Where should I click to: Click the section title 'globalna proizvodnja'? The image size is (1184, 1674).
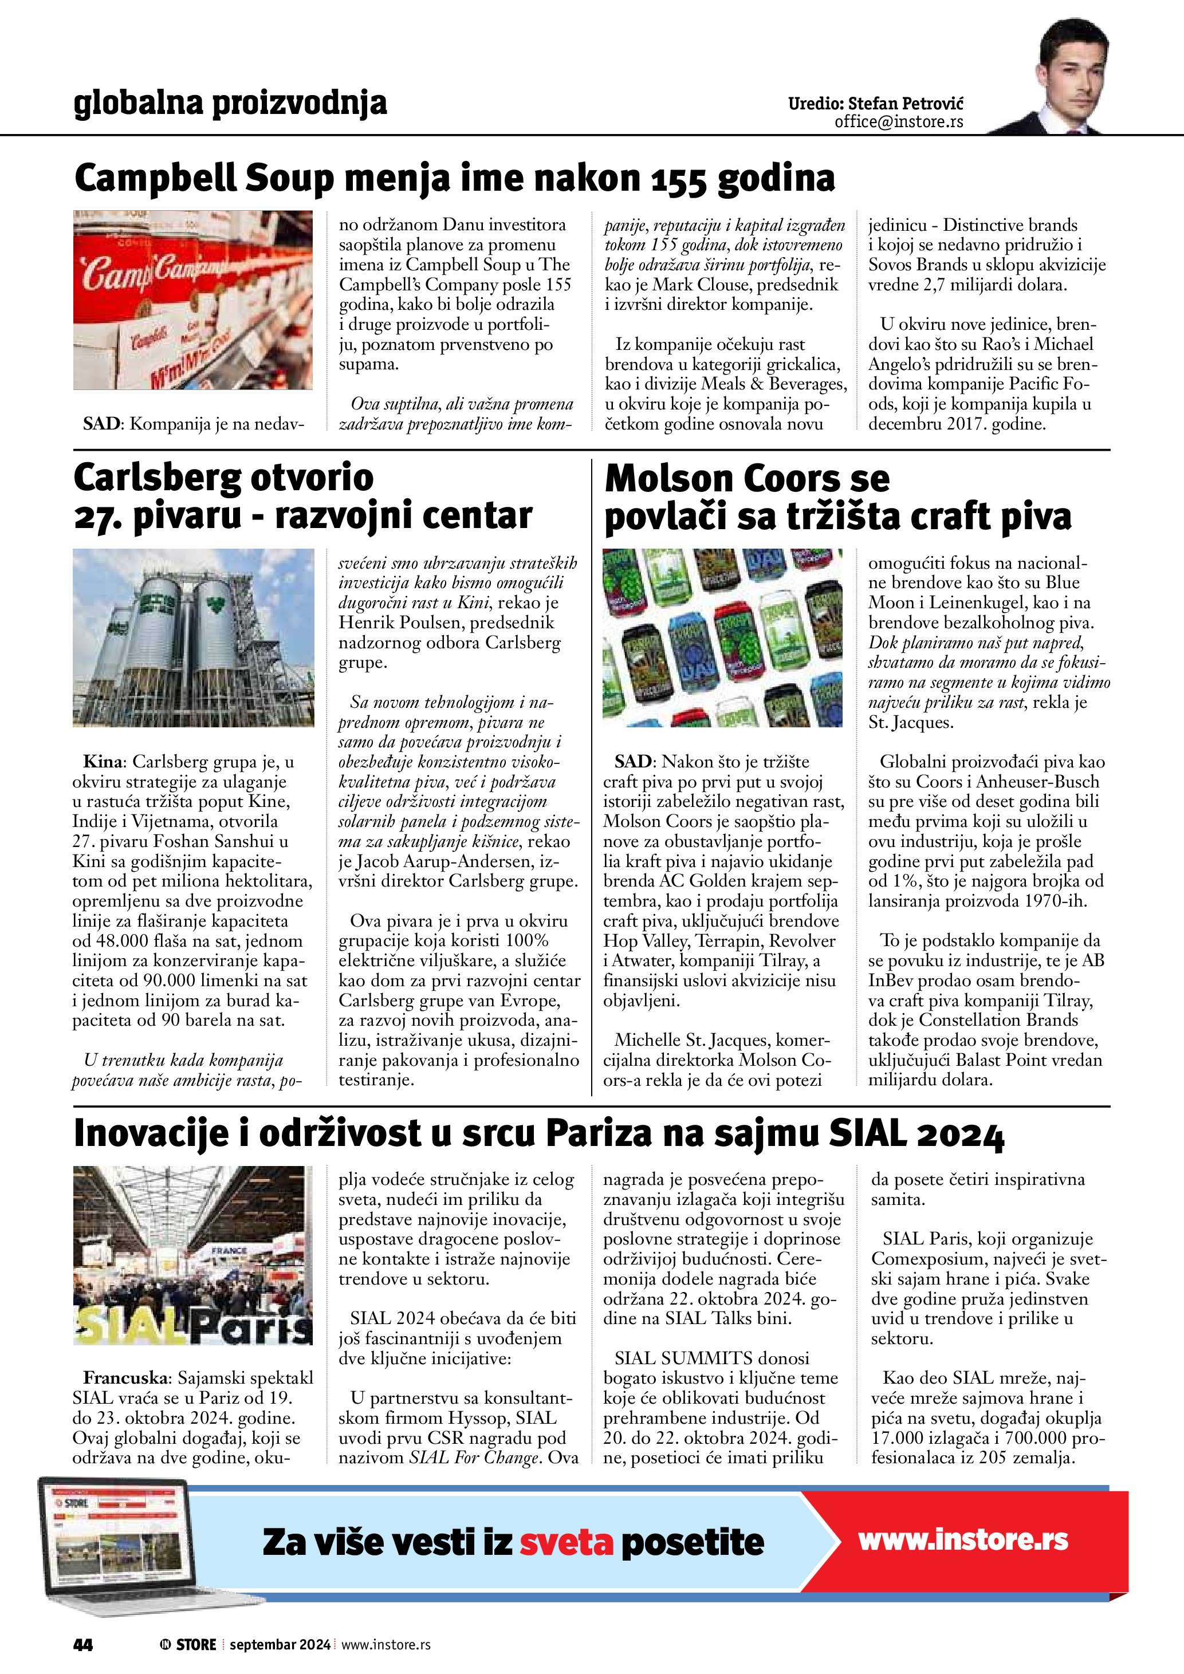(230, 104)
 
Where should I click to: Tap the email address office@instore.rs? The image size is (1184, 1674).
(898, 122)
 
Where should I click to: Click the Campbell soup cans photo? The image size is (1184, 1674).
(193, 300)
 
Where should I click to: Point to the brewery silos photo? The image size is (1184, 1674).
(193, 637)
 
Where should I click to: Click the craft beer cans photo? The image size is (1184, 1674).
(722, 637)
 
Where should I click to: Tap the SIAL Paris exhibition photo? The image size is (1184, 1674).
(193, 1255)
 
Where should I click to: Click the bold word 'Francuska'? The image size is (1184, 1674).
(125, 1378)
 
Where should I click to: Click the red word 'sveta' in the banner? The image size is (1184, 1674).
(566, 1543)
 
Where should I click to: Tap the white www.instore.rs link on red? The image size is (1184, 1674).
(962, 1540)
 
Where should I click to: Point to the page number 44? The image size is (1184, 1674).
(83, 1644)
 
